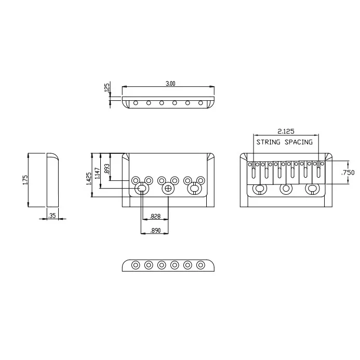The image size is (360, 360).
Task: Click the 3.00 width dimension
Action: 170,84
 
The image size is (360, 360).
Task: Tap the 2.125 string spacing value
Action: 286,131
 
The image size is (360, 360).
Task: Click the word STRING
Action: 268,142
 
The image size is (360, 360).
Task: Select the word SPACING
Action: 299,142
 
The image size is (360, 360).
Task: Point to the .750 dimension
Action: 348,172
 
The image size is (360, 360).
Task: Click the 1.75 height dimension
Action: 25,180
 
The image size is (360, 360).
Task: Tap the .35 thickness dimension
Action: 52,216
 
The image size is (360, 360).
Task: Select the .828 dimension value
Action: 155,217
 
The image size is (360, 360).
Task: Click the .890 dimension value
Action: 155,231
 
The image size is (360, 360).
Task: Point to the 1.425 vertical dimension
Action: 89,178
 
